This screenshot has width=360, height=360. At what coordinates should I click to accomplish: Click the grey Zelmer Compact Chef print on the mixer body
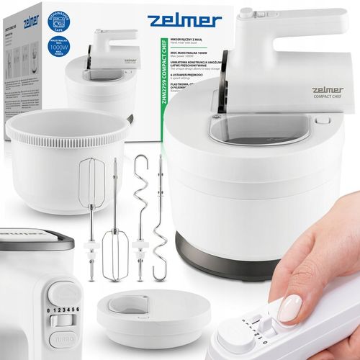pos(328,92)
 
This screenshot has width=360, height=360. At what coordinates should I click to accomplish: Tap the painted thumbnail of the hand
pos(290,308)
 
